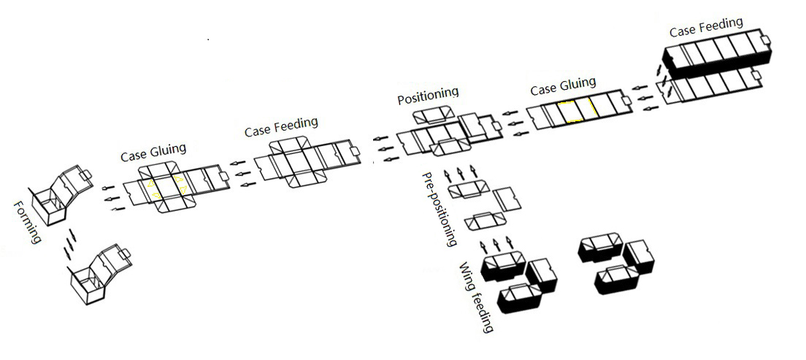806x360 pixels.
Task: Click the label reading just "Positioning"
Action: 429,95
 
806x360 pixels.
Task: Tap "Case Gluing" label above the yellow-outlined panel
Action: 563,86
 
